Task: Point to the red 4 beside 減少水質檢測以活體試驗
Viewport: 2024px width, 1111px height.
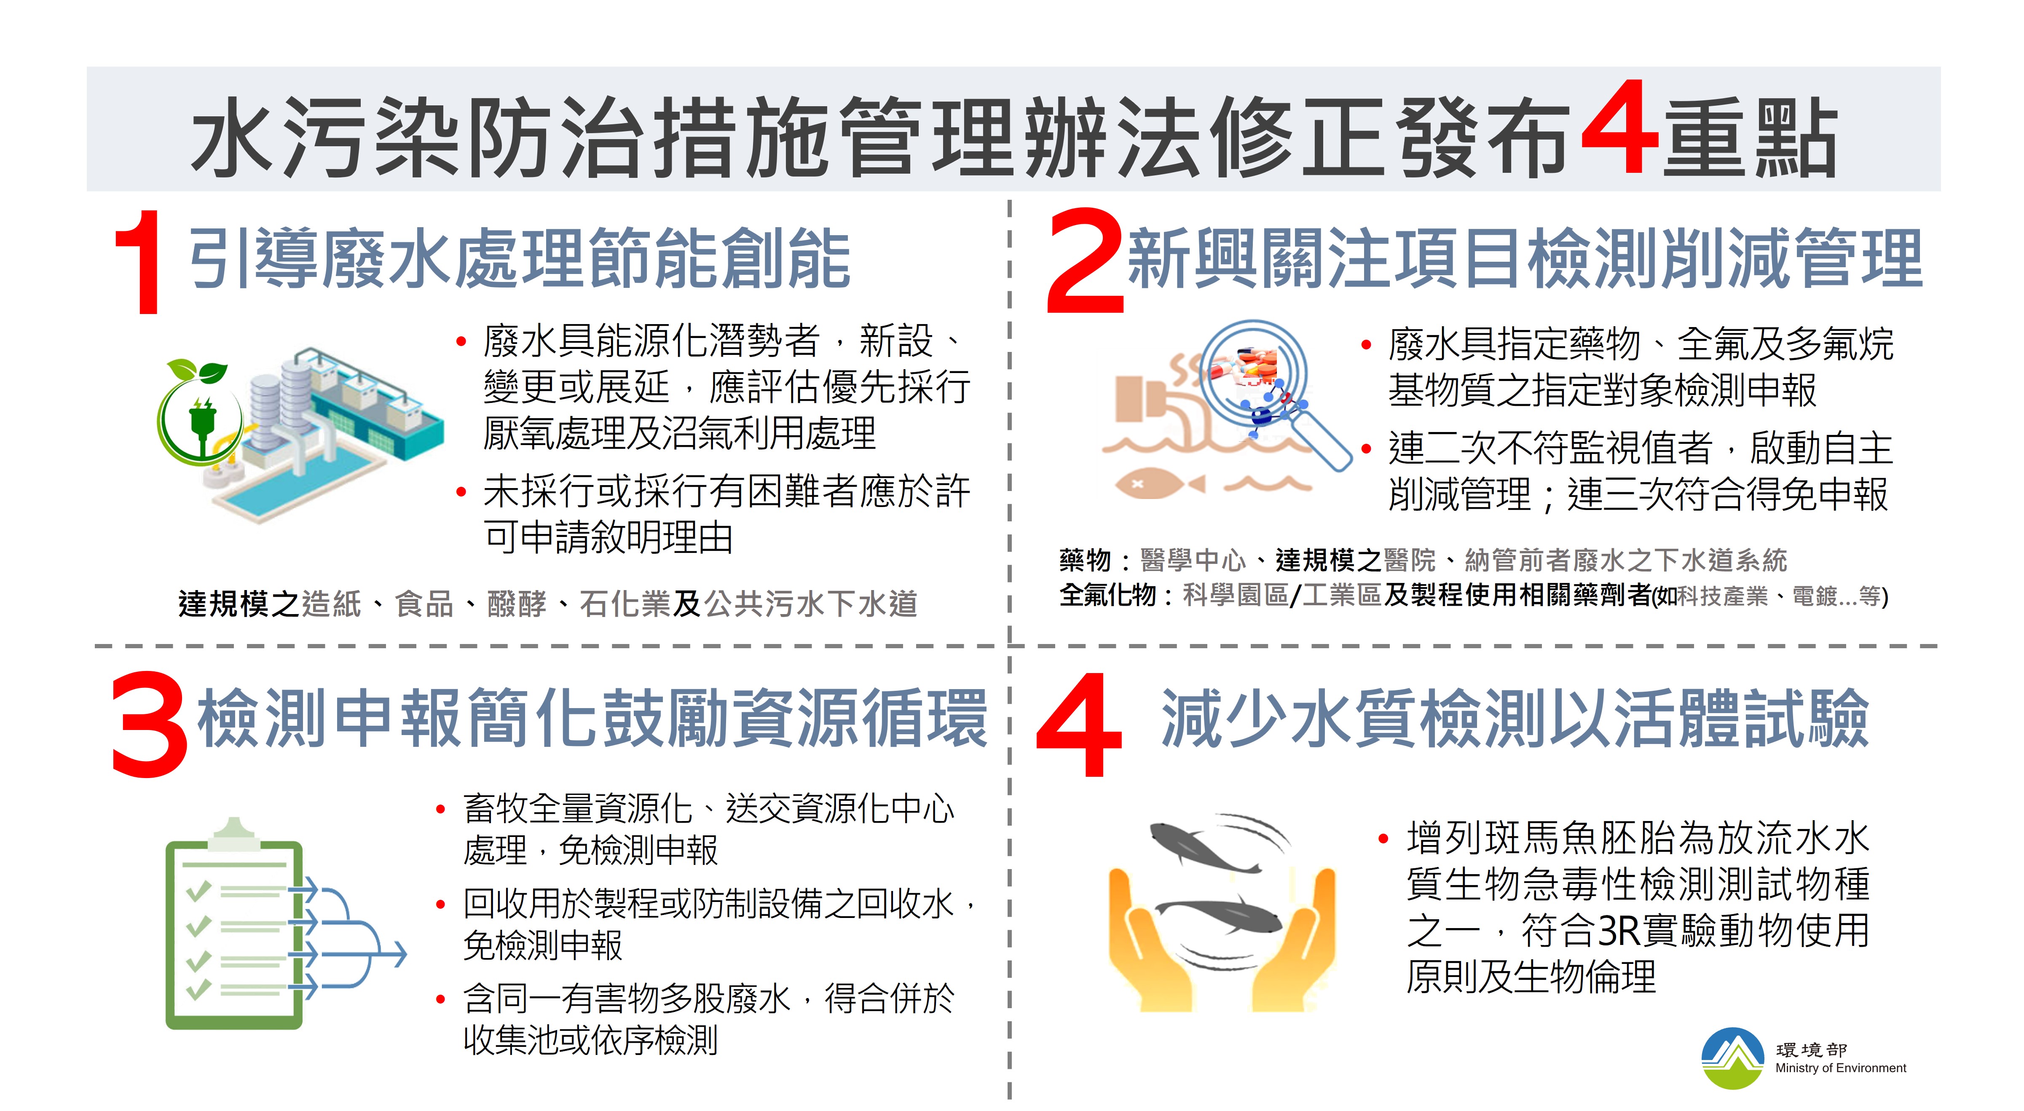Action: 1079,725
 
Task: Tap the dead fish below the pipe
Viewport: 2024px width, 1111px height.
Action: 1159,483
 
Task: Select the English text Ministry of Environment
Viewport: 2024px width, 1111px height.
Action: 1840,1068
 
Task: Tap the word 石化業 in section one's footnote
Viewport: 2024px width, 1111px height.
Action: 625,604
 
